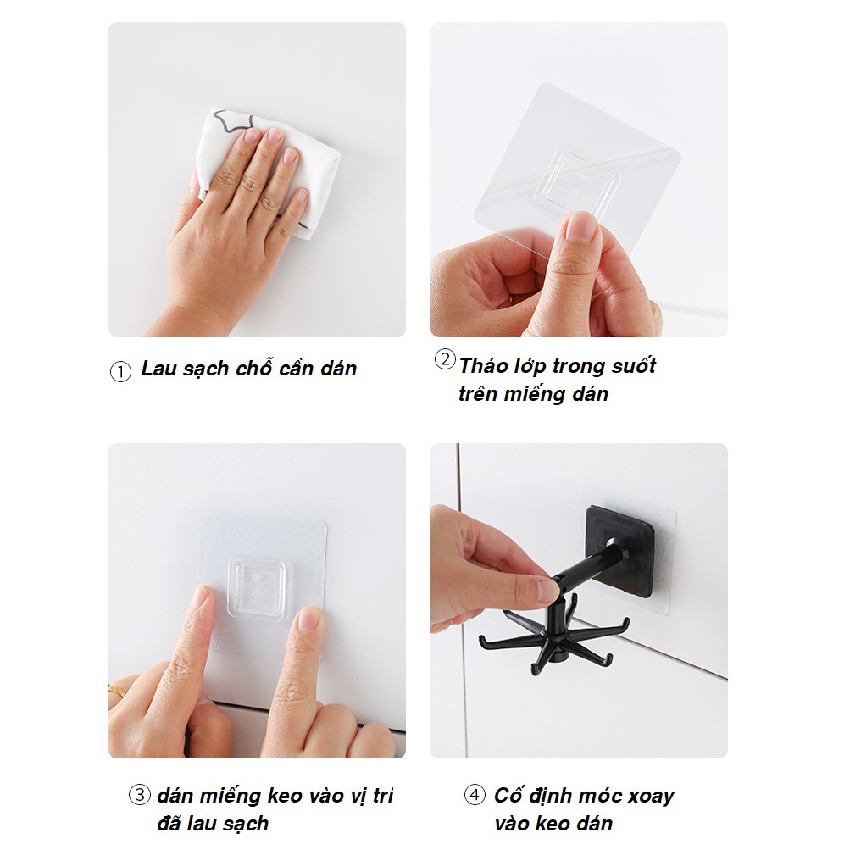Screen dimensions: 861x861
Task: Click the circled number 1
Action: (120, 372)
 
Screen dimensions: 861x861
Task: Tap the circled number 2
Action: (444, 359)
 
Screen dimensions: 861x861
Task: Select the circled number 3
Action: (139, 795)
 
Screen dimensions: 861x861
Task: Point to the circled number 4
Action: (475, 795)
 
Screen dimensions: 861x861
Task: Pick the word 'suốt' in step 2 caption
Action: (631, 366)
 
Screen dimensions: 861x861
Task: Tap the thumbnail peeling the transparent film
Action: (582, 227)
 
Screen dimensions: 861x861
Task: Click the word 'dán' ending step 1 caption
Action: (338, 369)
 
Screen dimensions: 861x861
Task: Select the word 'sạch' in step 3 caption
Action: (247, 823)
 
